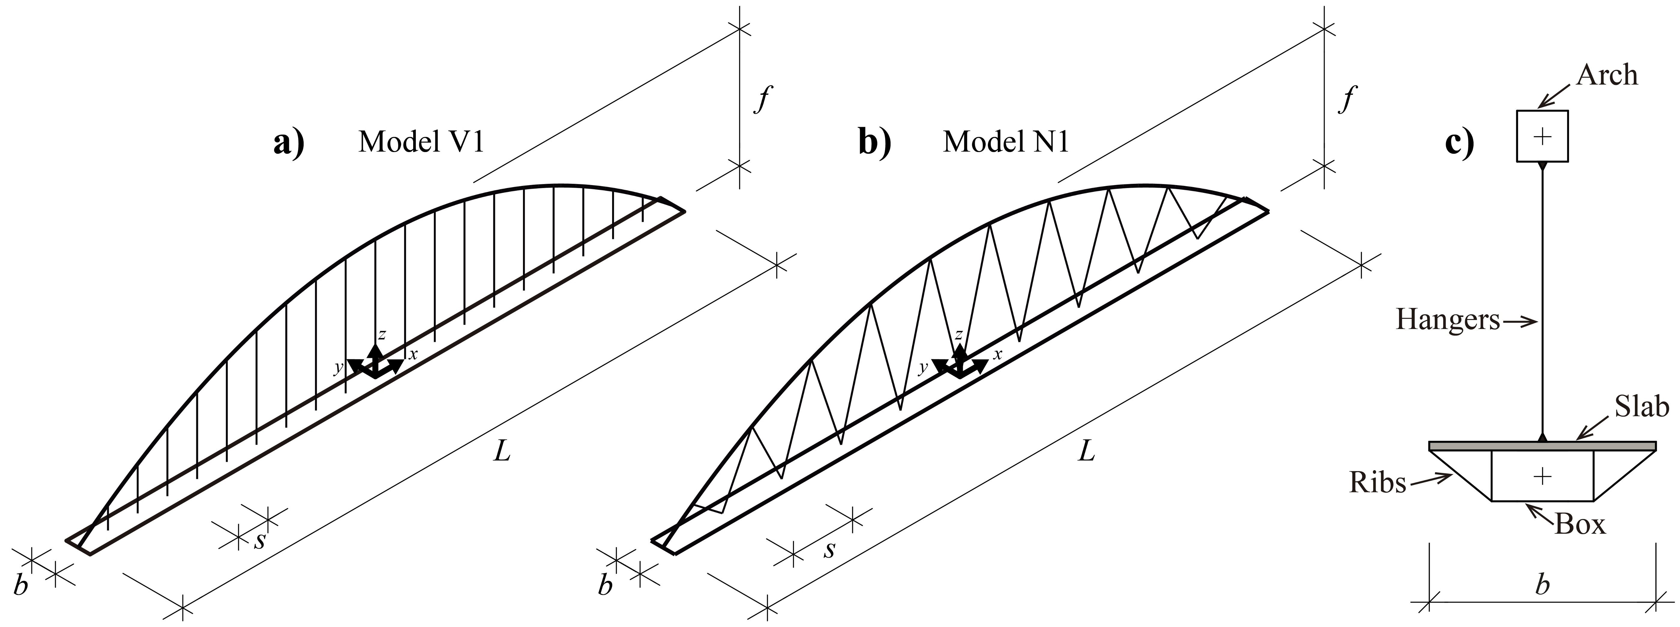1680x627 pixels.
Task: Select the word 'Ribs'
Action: click(x=1377, y=483)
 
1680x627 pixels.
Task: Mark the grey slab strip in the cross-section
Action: click(x=1542, y=446)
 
